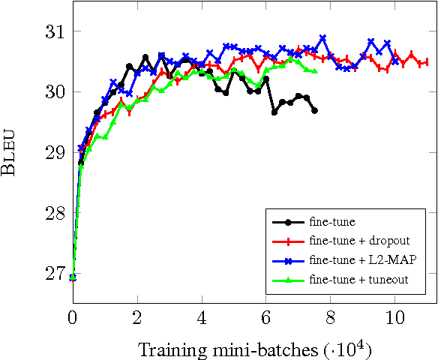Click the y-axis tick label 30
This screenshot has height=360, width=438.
[x=54, y=92]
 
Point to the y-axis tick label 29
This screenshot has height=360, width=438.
[x=54, y=153]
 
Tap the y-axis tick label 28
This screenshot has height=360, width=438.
[x=54, y=214]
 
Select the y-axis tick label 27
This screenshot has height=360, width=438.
[x=54, y=274]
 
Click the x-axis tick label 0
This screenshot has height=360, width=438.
[x=73, y=316]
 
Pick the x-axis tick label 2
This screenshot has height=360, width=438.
[x=137, y=316]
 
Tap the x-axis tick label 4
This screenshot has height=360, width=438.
[x=202, y=316]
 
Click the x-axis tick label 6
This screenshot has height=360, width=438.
[x=266, y=316]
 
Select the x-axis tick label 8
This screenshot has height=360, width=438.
[x=331, y=316]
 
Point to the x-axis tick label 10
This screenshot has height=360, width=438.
[x=395, y=316]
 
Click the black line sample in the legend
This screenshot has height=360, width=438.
[x=286, y=222]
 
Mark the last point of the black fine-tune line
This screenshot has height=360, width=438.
[x=314, y=110]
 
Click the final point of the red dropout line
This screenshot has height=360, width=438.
[x=425, y=62]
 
